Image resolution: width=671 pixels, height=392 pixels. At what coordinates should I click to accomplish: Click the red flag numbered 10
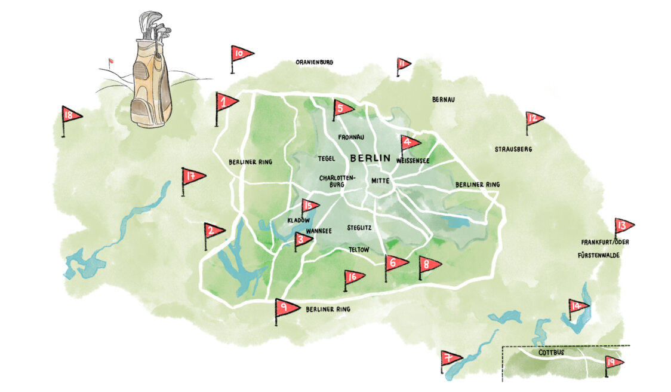(x=241, y=54)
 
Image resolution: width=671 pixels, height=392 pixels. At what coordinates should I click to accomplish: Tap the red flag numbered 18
(x=71, y=115)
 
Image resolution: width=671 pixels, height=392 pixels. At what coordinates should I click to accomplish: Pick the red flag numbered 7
(x=451, y=359)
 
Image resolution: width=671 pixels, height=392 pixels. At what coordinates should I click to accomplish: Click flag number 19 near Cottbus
(x=613, y=362)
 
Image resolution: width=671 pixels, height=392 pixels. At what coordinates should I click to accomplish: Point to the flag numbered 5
(x=343, y=108)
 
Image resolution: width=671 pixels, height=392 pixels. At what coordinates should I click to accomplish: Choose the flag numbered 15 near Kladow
(x=309, y=206)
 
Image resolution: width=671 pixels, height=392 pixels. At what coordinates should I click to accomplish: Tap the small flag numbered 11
(x=403, y=63)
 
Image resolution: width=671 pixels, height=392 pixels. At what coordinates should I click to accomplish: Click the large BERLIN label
(x=370, y=158)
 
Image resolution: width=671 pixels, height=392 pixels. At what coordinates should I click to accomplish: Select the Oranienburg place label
(x=314, y=62)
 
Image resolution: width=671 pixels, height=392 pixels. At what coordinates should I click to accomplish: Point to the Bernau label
(x=444, y=99)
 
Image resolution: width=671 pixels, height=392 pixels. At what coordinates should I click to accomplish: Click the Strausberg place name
(x=513, y=149)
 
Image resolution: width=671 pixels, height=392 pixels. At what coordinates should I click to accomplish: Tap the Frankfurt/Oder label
(x=605, y=242)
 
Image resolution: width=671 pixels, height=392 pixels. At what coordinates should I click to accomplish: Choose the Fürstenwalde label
(x=599, y=255)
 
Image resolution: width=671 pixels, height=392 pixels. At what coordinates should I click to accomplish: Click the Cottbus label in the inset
(x=551, y=353)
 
